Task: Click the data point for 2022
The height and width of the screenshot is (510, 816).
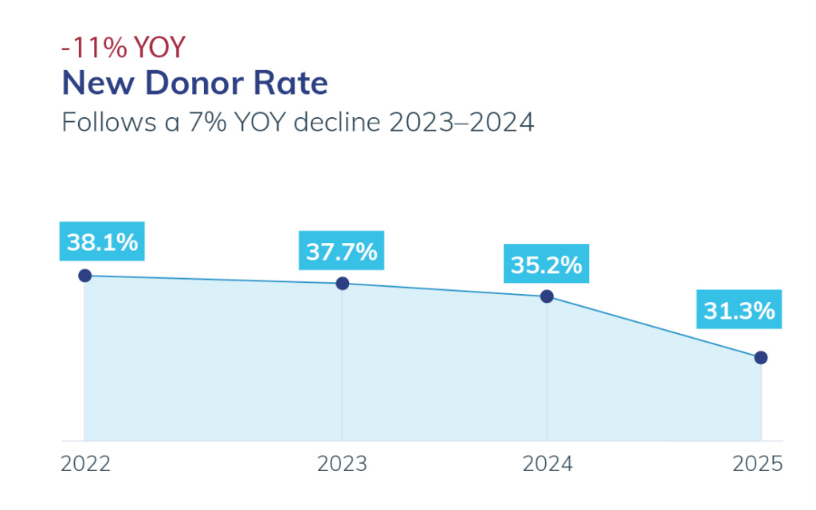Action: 84,276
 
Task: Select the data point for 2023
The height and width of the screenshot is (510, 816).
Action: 343,283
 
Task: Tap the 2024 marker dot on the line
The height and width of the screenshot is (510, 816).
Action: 547,296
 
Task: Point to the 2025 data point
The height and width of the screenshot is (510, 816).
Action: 761,358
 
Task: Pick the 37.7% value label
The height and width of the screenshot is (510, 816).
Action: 342,251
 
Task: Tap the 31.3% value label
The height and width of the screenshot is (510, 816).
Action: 739,311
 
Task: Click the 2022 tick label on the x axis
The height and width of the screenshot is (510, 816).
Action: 85,464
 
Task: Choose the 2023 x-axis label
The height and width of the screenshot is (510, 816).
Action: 343,464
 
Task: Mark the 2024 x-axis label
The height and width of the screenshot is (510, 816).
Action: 547,464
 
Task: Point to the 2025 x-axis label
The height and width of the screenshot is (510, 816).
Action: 758,464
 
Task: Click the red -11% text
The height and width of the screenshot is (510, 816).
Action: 94,48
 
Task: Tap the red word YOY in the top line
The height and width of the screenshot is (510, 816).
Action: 159,48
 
